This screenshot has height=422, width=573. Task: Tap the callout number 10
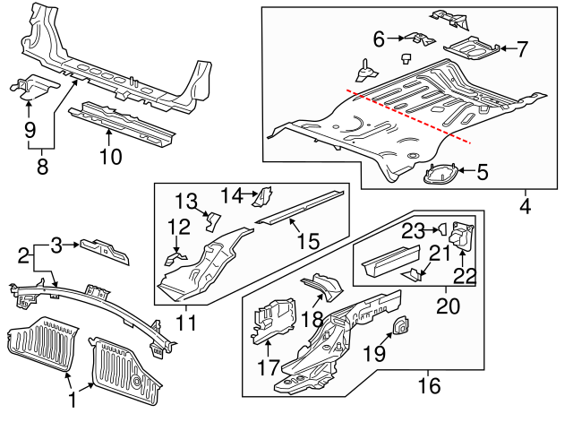click(109, 159)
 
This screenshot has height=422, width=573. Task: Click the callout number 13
click(184, 199)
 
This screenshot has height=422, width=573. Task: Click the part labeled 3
click(105, 251)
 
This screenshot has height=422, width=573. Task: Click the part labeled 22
click(462, 237)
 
